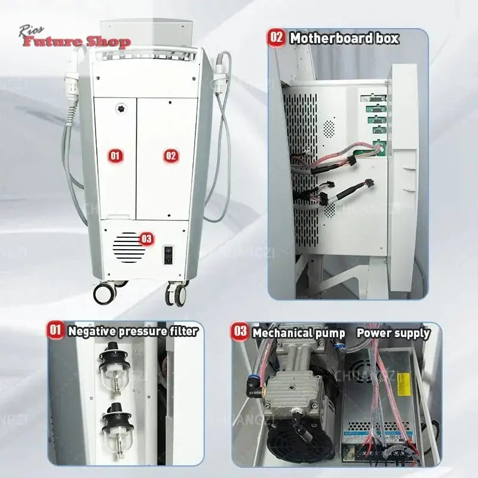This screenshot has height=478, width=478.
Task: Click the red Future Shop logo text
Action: [x=76, y=42]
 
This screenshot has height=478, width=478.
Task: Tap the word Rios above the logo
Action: [x=30, y=29]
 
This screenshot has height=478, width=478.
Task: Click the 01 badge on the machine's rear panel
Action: [x=116, y=156]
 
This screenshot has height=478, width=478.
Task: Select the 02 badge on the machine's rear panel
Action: [x=171, y=156]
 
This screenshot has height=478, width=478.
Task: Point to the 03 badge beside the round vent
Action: [x=146, y=239]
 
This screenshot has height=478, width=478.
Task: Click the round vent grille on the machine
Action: [x=128, y=246]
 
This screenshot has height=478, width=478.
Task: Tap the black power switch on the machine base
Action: [x=169, y=255]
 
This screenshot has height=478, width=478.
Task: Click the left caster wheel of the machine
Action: [x=104, y=293]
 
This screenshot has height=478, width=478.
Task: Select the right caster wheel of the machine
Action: [x=176, y=294]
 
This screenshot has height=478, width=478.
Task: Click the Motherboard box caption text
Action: [x=344, y=38]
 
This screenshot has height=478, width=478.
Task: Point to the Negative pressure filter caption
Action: [x=132, y=331]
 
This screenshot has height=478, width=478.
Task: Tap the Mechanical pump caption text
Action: [x=298, y=333]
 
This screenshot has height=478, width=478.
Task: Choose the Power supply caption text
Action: [x=393, y=333]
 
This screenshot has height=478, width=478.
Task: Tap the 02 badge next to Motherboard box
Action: [x=277, y=38]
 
